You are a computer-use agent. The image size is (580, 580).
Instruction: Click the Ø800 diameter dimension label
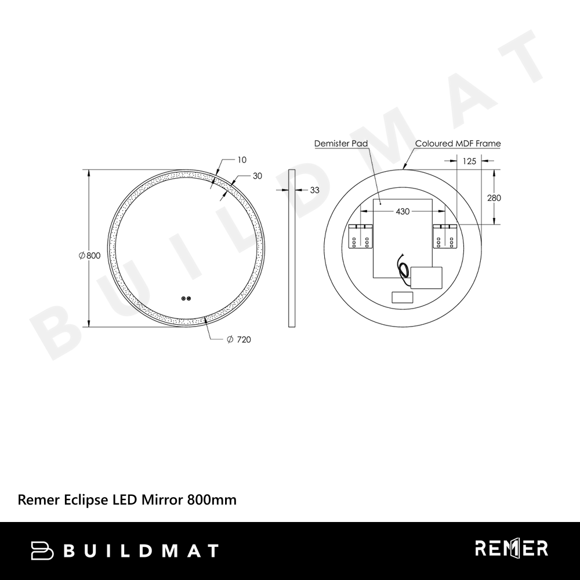pyautogui.click(x=89, y=255)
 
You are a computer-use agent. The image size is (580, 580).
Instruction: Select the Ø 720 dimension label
pyautogui.click(x=239, y=339)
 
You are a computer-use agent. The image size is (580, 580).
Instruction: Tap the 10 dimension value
pyautogui.click(x=241, y=160)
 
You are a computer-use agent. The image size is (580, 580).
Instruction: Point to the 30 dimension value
pyautogui.click(x=258, y=176)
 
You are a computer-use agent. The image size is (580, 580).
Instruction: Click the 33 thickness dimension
pyautogui.click(x=314, y=190)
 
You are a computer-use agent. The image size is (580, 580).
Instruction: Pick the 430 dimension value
pyautogui.click(x=403, y=211)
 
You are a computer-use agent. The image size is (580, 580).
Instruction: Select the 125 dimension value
pyautogui.click(x=469, y=161)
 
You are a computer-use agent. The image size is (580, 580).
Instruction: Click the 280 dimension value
pyautogui.click(x=494, y=198)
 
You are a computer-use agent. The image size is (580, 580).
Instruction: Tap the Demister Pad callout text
pyautogui.click(x=341, y=143)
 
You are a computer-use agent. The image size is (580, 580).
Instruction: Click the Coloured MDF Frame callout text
pyautogui.click(x=458, y=143)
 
